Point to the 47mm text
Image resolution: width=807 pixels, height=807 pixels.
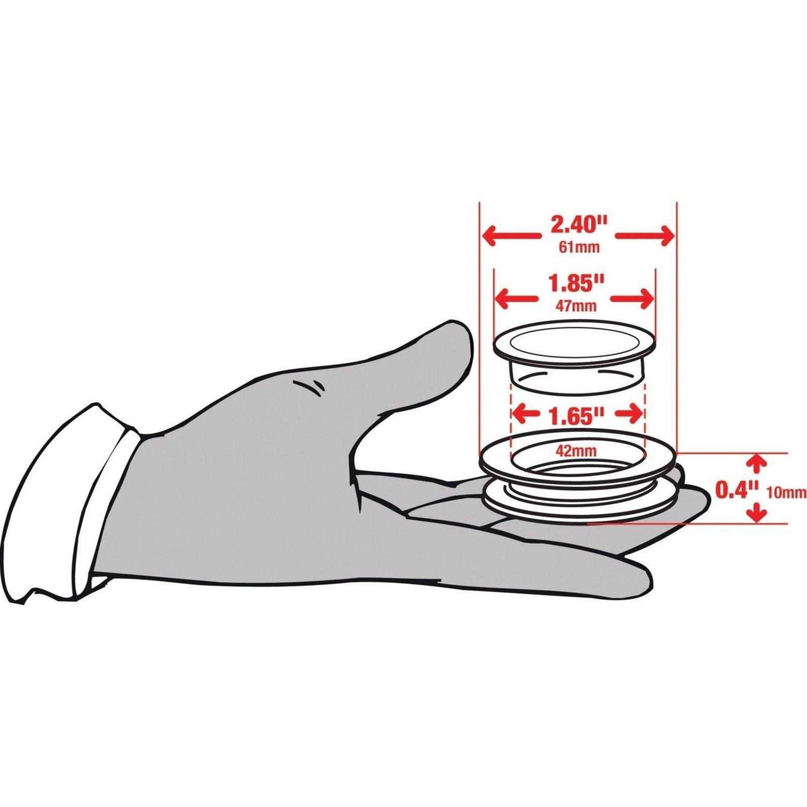click(576, 306)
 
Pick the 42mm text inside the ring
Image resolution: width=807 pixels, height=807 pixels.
click(576, 451)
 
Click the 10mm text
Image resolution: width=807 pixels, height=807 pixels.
click(786, 492)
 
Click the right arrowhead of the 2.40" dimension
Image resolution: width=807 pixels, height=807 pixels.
click(664, 236)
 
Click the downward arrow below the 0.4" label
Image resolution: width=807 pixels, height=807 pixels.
click(758, 511)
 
